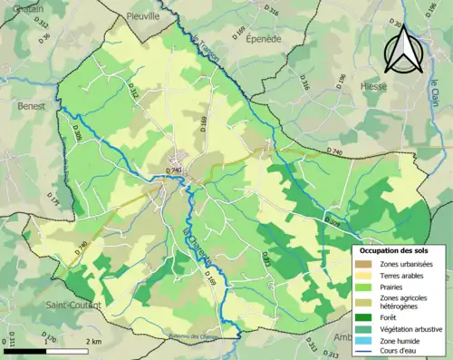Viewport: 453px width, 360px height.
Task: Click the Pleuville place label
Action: [x=143, y=15]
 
